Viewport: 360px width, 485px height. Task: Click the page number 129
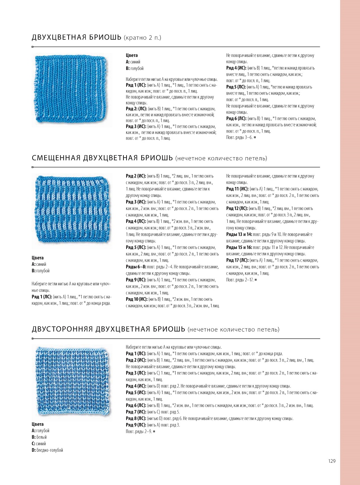click(332, 461)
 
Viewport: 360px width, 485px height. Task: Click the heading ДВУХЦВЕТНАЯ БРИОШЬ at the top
click(76, 37)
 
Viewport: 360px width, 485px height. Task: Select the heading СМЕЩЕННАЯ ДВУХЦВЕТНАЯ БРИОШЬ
click(102, 158)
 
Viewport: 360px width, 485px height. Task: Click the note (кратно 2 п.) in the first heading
click(142, 38)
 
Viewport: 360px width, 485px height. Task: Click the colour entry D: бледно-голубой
click(47, 450)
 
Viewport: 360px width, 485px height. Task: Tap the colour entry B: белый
click(39, 437)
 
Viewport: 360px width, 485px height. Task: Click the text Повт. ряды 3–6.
click(239, 137)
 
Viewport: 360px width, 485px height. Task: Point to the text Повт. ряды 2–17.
click(240, 280)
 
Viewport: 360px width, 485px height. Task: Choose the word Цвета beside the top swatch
click(132, 55)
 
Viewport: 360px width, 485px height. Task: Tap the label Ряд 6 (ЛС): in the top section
click(236, 119)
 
